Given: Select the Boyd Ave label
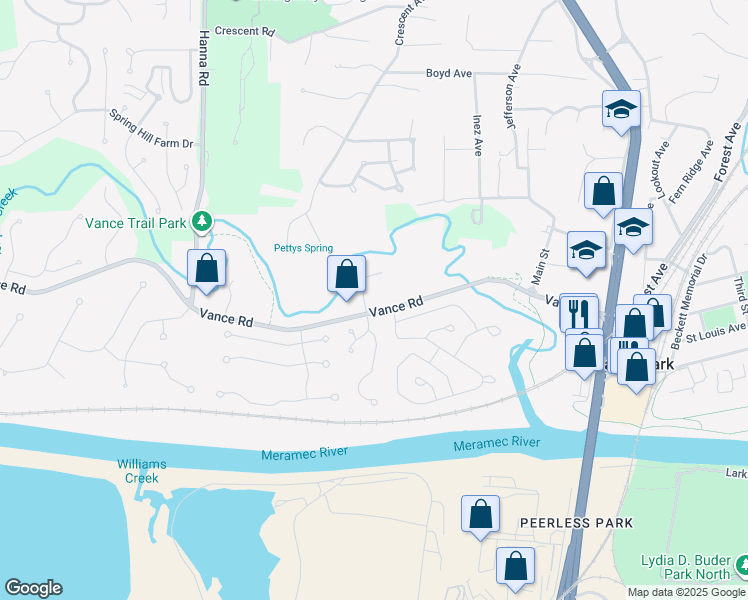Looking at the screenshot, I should pyautogui.click(x=448, y=73).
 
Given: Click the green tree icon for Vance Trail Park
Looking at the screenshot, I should pyautogui.click(x=202, y=220).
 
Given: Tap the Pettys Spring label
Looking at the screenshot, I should pyautogui.click(x=304, y=248).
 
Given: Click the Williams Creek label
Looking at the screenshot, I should pyautogui.click(x=142, y=471).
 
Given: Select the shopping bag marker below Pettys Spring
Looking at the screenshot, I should pyautogui.click(x=346, y=275).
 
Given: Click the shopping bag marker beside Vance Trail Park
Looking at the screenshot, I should pyautogui.click(x=206, y=270).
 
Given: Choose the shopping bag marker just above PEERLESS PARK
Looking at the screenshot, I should pyautogui.click(x=480, y=515).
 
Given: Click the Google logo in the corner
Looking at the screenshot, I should pyautogui.click(x=34, y=588).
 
